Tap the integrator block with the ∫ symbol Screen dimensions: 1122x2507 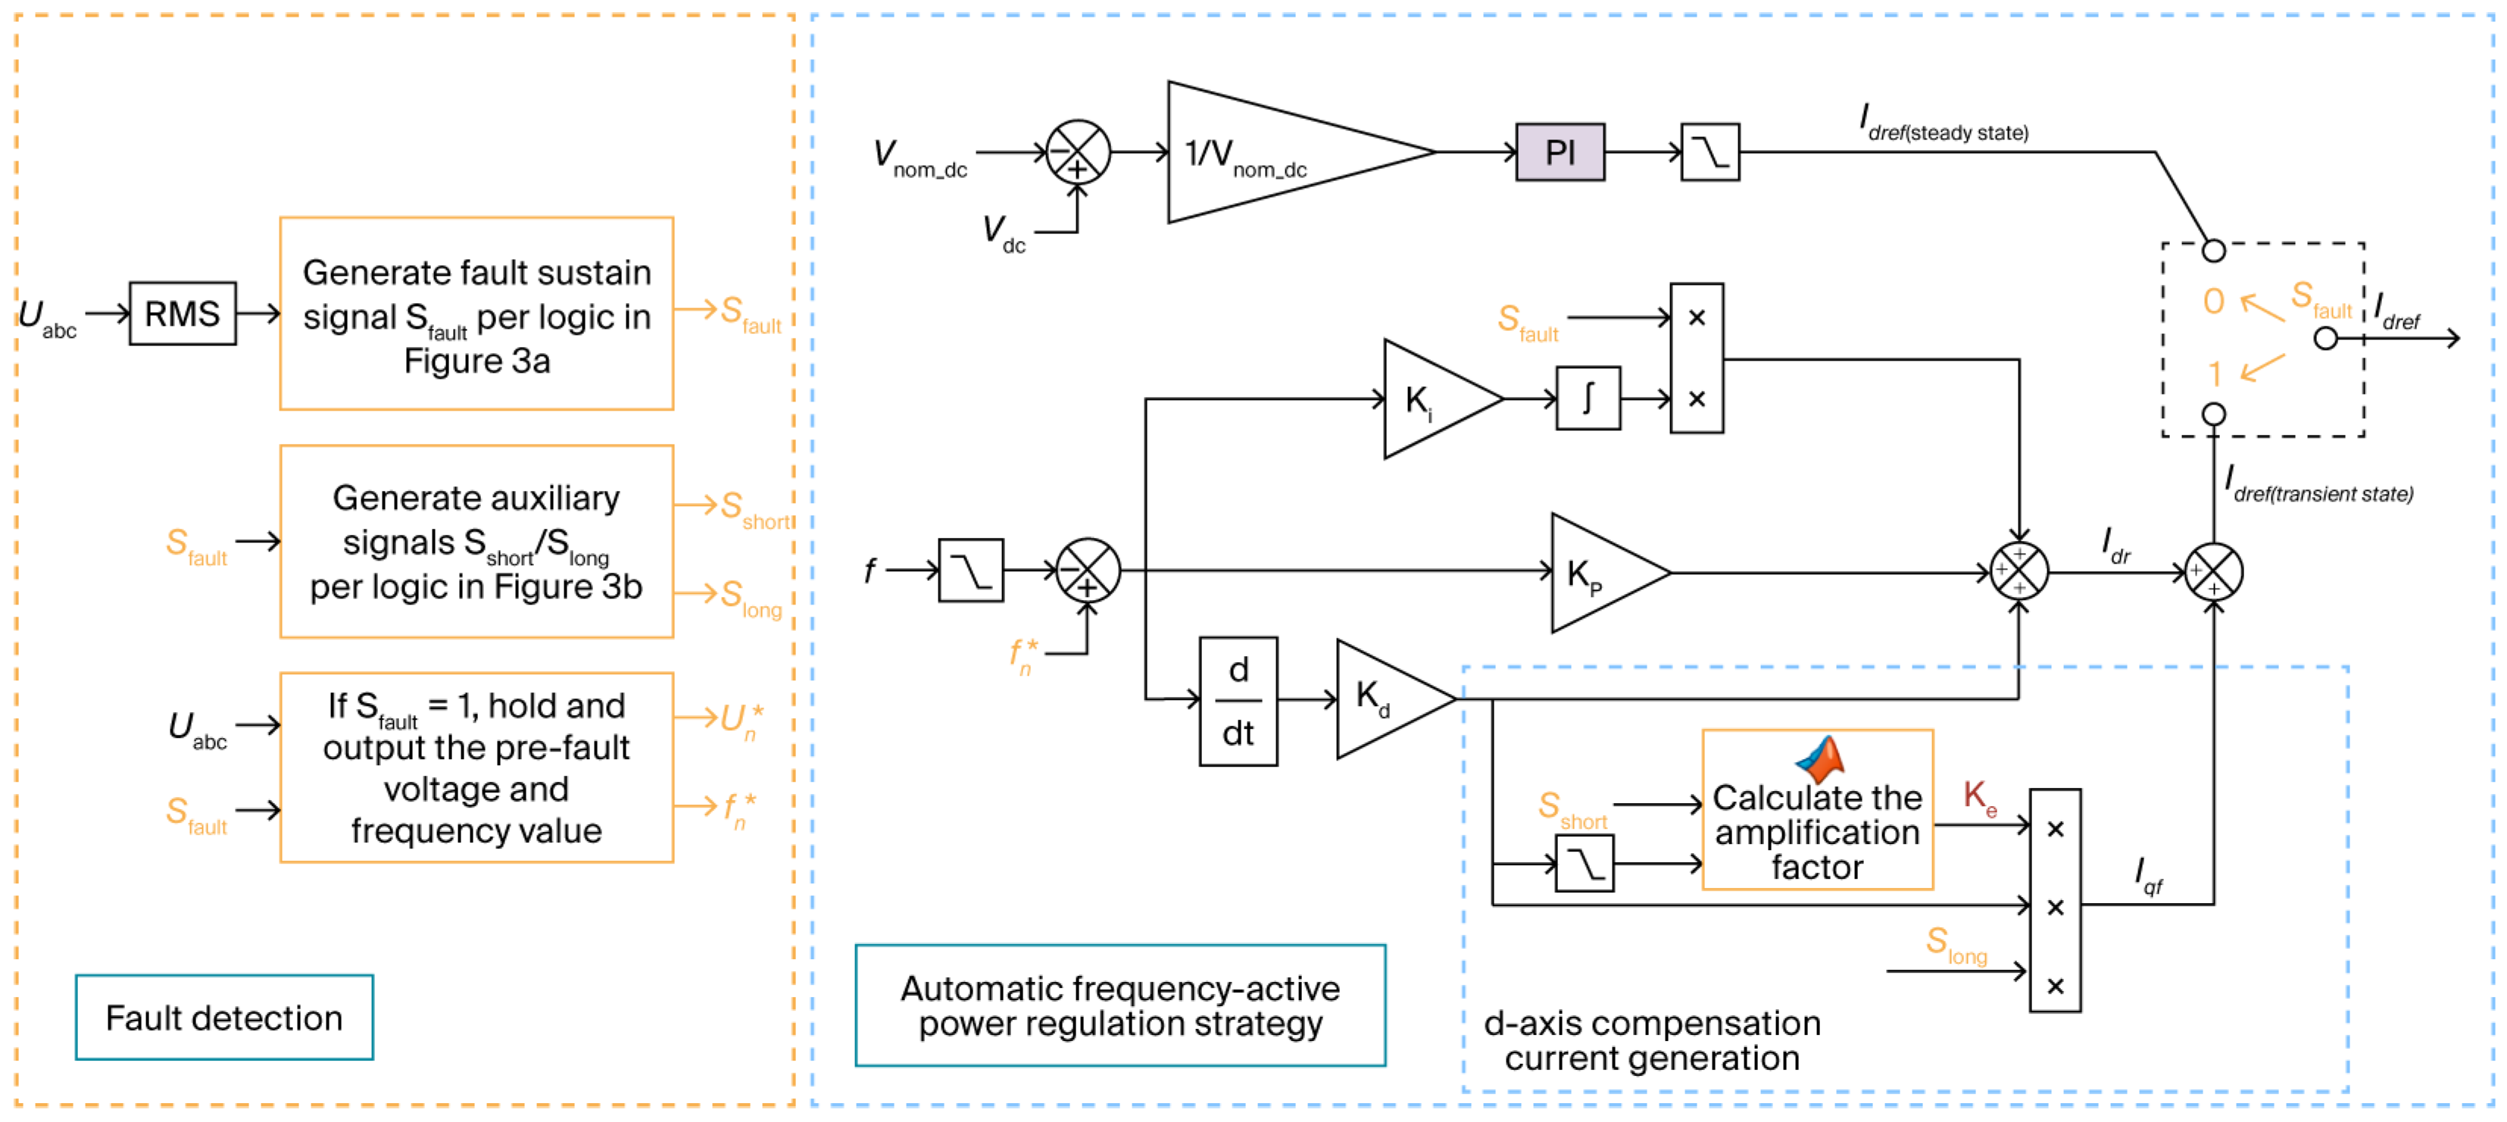[x=1588, y=398]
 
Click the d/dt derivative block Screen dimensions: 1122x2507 [x=1237, y=701]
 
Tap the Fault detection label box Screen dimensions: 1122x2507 [x=224, y=1017]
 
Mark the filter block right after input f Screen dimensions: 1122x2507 [x=970, y=570]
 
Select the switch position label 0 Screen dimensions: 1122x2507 [x=2213, y=302]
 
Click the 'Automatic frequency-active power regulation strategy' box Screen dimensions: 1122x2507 [x=1119, y=1005]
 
